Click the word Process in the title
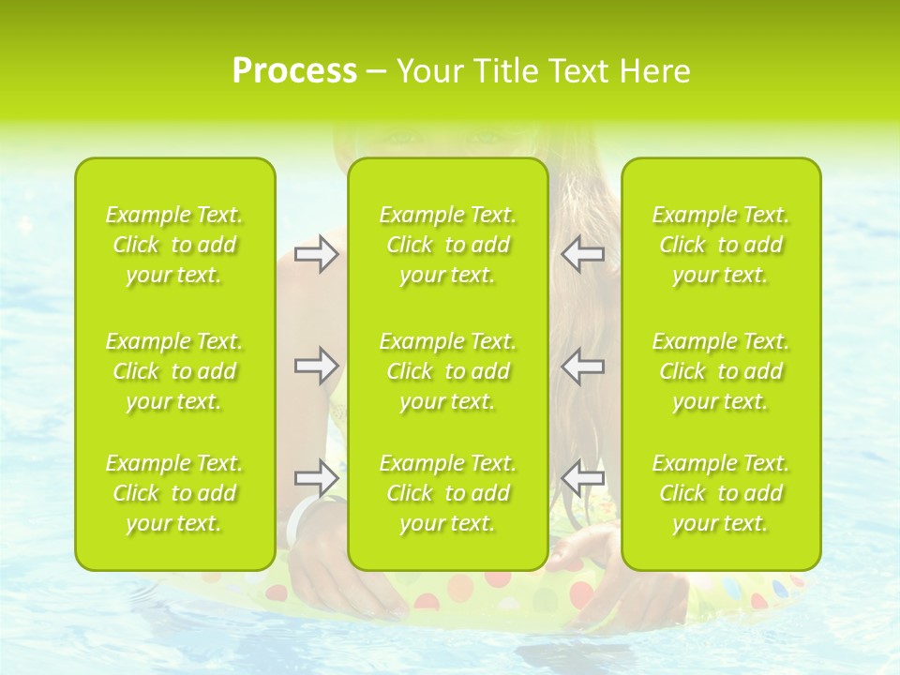294,70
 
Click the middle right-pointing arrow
316,366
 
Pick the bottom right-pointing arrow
316,477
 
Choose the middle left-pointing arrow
583,366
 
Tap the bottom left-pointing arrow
583,477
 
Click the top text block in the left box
174,245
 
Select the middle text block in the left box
174,371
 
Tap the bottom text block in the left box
174,493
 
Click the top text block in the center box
448,245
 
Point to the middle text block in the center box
448,371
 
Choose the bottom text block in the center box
448,493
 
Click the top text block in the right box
721,245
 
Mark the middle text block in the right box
721,371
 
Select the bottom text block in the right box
721,493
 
